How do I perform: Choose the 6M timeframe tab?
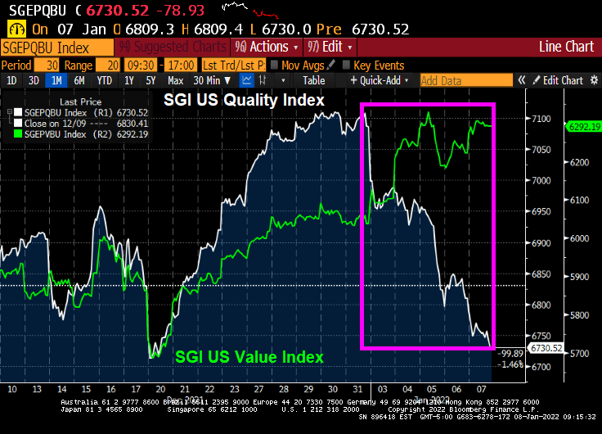tap(79, 80)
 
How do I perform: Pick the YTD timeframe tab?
tap(104, 80)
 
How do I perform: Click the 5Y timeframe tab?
tap(151, 80)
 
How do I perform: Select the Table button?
tap(314, 80)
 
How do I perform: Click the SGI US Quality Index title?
tap(243, 100)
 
